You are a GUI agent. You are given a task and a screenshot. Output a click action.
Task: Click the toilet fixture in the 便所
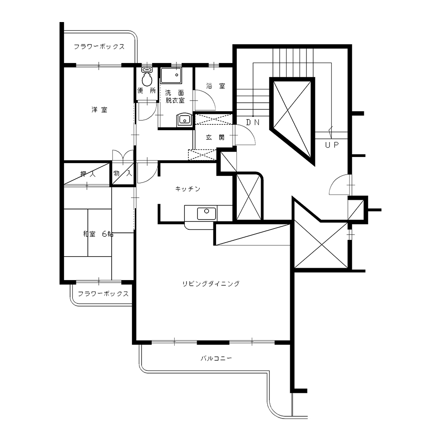pos(147,77)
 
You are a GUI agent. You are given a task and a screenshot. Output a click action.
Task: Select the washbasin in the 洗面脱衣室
pos(184,120)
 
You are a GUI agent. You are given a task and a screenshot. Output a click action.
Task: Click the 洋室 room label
pos(99,110)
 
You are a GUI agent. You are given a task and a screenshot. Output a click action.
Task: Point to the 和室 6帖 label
pos(98,234)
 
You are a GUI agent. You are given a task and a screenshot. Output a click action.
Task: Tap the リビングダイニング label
pos(211,284)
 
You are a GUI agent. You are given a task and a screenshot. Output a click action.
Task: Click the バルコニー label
pos(216,358)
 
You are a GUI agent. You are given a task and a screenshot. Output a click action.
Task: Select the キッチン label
pos(187,189)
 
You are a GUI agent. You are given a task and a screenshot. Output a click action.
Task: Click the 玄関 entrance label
pos(215,137)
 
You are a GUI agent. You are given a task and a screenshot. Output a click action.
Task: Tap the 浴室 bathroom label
pos(216,86)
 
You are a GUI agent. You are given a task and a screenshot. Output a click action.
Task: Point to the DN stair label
pos(253,122)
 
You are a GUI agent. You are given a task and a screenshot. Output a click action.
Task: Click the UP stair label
pos(332,145)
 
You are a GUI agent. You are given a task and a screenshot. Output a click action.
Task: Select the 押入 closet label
pos(88,174)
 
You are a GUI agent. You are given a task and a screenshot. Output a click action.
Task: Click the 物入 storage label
pos(123,173)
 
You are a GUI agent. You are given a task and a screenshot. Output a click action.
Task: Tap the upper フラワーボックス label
pos(99,47)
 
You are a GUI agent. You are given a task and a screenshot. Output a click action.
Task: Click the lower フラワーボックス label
pos(103,294)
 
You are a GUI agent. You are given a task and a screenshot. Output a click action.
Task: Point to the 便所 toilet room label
pos(146,90)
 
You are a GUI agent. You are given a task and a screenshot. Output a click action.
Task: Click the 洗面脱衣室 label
pos(175,97)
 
